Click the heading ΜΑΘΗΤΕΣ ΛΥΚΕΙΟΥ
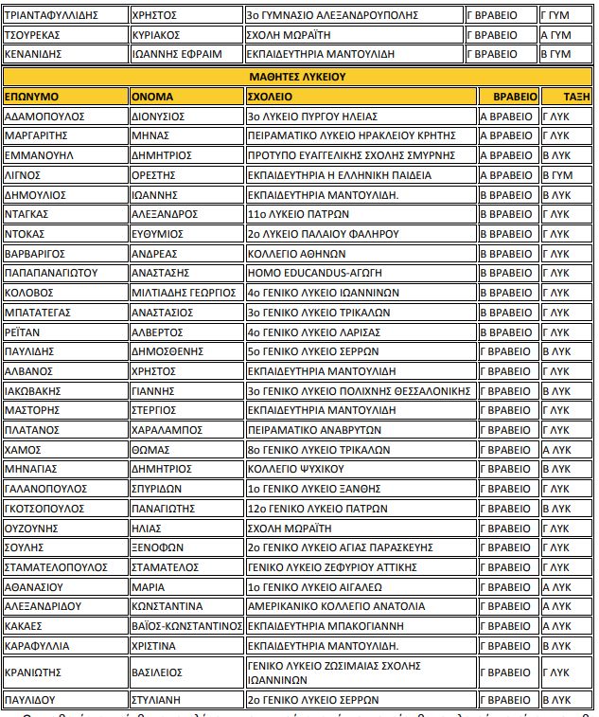point(298,76)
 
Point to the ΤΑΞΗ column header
point(576,97)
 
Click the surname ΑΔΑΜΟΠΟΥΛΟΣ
point(45,117)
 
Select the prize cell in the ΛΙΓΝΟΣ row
point(506,175)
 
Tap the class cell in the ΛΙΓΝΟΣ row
point(555,175)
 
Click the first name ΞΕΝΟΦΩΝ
point(155,547)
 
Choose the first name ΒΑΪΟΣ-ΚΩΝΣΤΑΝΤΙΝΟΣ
point(185,625)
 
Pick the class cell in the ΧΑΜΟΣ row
point(555,449)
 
